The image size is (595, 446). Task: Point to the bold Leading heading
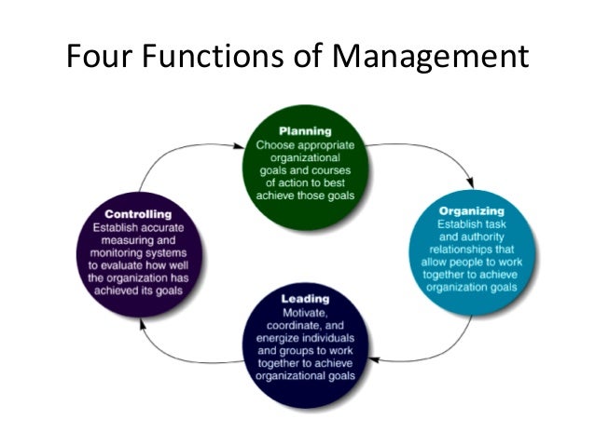[x=302, y=297]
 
